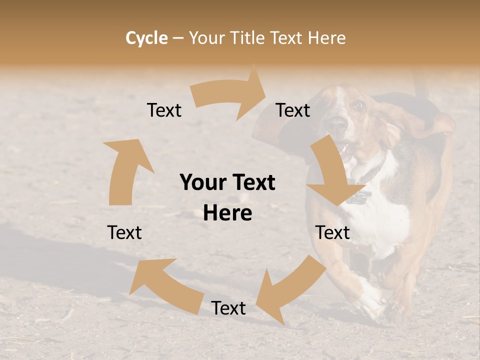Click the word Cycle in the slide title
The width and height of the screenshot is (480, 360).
146,38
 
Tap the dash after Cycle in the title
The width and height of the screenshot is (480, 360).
178,38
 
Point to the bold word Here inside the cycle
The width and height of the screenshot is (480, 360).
227,213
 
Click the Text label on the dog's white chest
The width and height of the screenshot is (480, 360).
332,232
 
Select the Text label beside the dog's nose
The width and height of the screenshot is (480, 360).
293,110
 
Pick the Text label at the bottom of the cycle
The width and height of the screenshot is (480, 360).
228,308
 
